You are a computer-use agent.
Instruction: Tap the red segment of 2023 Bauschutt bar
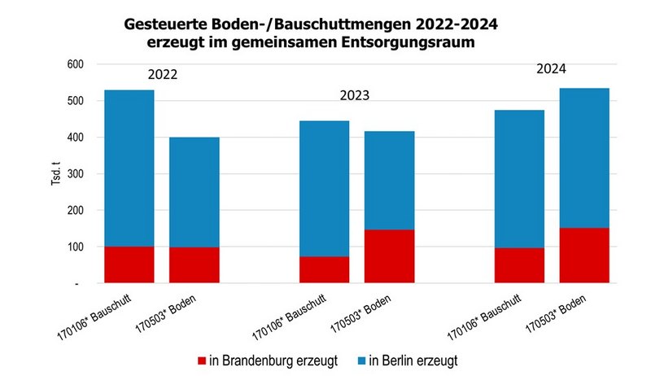(x=324, y=269)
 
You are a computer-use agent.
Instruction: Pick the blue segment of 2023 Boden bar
(x=389, y=180)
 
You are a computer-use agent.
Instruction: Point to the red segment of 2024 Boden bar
(x=584, y=256)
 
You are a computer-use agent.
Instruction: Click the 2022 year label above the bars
(x=162, y=75)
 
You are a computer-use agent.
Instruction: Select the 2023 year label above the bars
(x=354, y=95)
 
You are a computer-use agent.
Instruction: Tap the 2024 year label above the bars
(x=551, y=69)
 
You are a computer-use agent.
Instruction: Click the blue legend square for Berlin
(x=360, y=358)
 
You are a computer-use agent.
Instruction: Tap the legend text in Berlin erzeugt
(x=418, y=358)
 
